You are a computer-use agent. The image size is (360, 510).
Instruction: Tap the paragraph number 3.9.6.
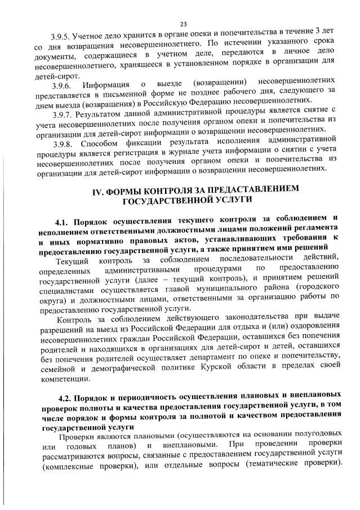pyautogui.click(x=60, y=85)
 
